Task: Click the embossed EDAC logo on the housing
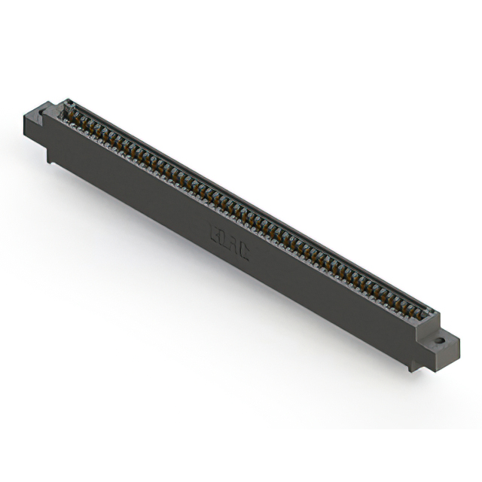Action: point(229,243)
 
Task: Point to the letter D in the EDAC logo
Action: point(224,239)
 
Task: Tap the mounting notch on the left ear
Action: point(42,113)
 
